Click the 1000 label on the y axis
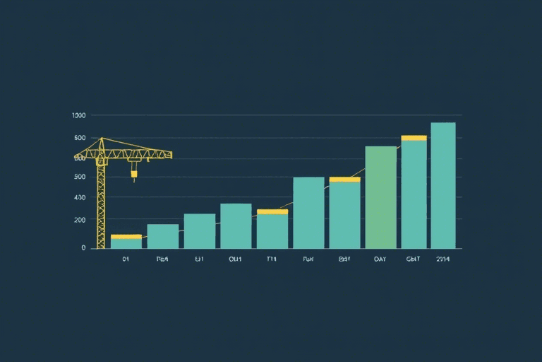click(x=78, y=115)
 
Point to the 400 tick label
click(x=79, y=197)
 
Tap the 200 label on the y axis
click(x=79, y=220)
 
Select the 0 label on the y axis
click(x=83, y=247)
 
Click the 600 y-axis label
click(x=79, y=158)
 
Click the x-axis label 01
click(x=126, y=259)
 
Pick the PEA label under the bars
click(x=162, y=259)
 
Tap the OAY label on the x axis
click(x=380, y=259)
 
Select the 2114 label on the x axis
click(x=443, y=259)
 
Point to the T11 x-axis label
click(x=272, y=259)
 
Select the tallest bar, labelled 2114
click(x=443, y=185)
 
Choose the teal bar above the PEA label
click(x=162, y=236)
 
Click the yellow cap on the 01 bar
click(x=126, y=236)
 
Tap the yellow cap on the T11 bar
click(x=272, y=211)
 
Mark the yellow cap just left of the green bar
click(x=344, y=180)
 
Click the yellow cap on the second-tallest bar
click(x=414, y=138)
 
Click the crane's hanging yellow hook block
click(x=134, y=173)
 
